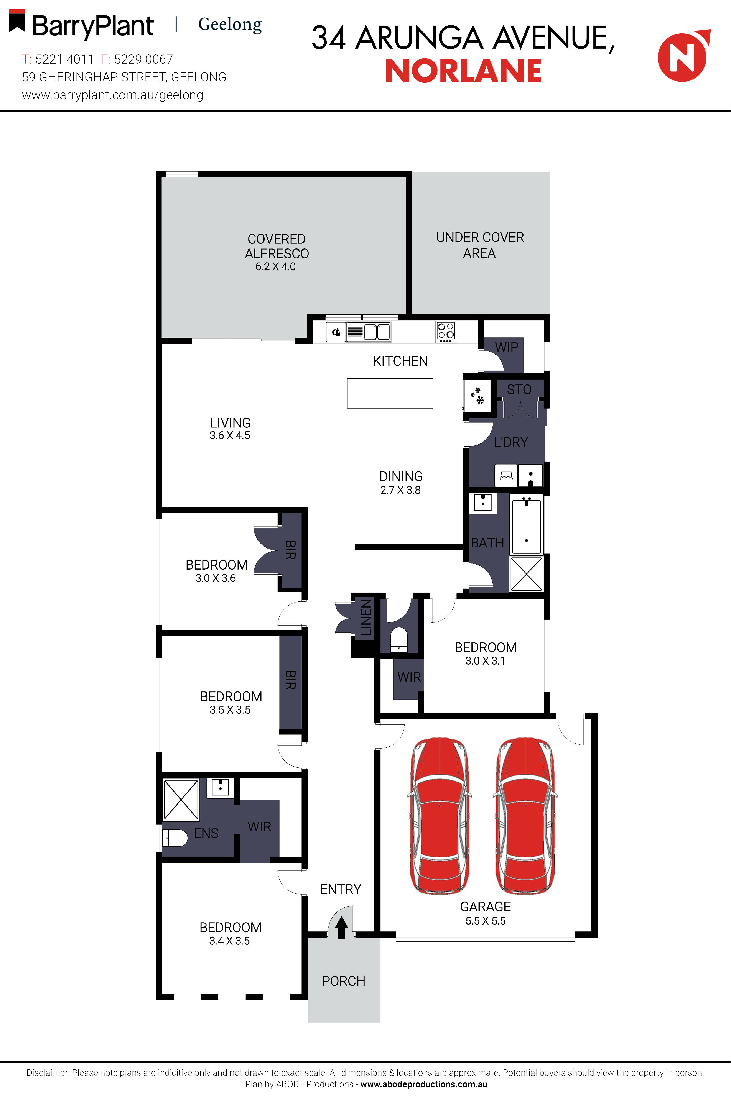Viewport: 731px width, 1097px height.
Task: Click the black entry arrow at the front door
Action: (x=341, y=927)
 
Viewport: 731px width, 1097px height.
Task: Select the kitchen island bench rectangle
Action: (x=390, y=393)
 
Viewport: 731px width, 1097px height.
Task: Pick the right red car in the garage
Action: (x=525, y=816)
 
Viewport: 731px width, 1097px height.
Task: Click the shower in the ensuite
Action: (x=181, y=800)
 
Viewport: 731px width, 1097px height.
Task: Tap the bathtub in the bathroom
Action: (x=526, y=526)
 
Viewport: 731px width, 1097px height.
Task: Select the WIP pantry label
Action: (x=507, y=347)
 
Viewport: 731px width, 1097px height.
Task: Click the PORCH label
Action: (x=344, y=981)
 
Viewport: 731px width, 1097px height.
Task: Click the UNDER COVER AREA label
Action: (x=480, y=245)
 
